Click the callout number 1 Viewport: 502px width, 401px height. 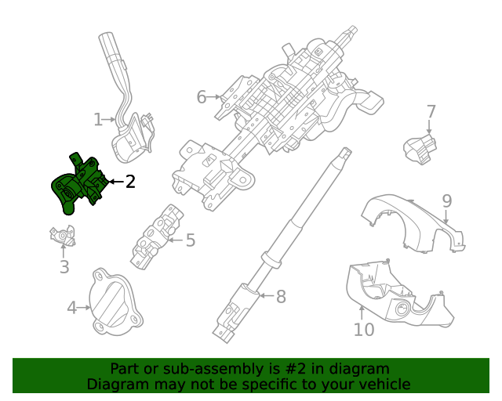click(x=98, y=120)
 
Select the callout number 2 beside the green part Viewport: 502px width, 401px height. click(x=130, y=182)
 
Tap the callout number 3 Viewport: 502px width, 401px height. click(x=64, y=267)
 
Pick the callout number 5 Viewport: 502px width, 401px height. click(x=190, y=240)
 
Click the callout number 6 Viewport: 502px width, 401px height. click(x=202, y=97)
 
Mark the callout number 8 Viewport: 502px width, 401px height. click(x=281, y=296)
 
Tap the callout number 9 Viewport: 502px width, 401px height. click(x=446, y=201)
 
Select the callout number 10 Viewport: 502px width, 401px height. click(x=364, y=330)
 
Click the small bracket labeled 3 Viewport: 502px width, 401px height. click(x=61, y=235)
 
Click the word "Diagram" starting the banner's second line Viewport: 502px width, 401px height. click(x=117, y=384)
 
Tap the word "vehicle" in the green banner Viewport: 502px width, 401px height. click(x=384, y=384)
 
